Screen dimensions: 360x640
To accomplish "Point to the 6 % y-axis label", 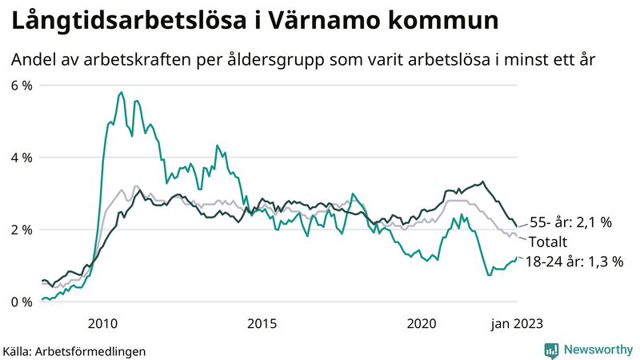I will click(21, 86).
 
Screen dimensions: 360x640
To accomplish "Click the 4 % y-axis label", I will click(21, 158).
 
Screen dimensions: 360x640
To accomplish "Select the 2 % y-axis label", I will click(21, 230).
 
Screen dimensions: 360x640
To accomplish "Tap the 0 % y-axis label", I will click(21, 302).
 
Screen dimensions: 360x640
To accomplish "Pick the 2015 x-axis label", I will click(262, 323).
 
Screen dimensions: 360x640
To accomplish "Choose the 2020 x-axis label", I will click(422, 323).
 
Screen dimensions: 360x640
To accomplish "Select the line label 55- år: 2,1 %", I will click(570, 223).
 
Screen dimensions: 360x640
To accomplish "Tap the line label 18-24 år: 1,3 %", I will click(574, 262).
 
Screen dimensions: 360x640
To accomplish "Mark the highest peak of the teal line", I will click(121, 93).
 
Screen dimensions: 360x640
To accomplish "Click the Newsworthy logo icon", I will click(551, 350).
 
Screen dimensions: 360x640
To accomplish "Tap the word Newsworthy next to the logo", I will click(597, 350).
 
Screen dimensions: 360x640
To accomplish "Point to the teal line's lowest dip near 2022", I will click(488, 274).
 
